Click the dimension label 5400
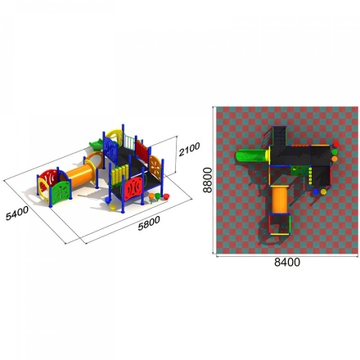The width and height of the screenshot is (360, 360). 17,213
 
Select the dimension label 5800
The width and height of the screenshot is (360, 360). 149,223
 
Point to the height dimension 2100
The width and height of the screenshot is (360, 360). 189,149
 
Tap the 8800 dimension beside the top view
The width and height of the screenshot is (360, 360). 208,180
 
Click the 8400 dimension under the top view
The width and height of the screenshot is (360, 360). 287,262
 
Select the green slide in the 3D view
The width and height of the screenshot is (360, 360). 97,145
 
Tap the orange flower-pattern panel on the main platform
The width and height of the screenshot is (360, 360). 155,168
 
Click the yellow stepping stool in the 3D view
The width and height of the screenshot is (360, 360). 112,208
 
